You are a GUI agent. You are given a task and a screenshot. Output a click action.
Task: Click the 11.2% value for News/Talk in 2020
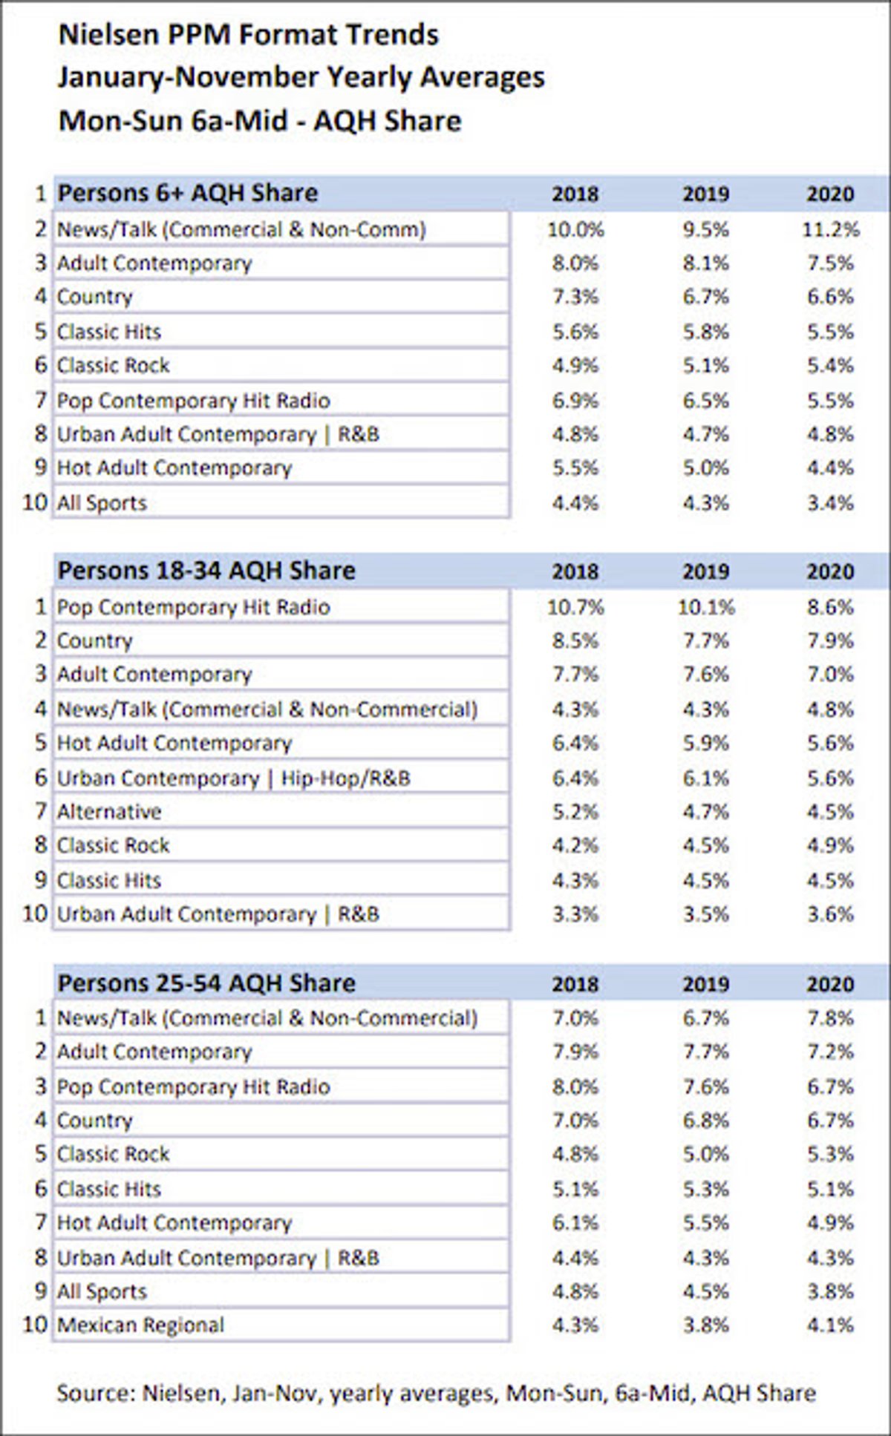point(830,229)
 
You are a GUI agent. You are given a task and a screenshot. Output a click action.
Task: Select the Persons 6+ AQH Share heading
point(188,193)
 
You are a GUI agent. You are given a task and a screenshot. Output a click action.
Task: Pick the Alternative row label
point(109,811)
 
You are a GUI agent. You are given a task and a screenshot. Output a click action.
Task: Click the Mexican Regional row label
point(140,1325)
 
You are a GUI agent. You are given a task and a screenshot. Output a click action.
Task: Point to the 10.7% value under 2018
point(575,607)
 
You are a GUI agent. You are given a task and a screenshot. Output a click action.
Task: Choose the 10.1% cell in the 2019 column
point(706,607)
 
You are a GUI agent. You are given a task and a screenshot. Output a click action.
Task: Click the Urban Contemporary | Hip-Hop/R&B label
point(234,778)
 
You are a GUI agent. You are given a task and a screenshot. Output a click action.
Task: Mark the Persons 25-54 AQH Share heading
point(207,983)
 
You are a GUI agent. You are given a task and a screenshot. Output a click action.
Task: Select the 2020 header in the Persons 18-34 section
point(831,571)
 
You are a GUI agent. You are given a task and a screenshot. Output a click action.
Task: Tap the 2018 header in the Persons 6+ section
point(575,194)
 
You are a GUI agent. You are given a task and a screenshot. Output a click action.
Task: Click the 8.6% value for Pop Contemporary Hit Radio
point(831,607)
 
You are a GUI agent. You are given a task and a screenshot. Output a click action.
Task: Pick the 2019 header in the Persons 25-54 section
point(706,985)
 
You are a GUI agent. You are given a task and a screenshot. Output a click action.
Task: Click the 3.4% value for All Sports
point(831,502)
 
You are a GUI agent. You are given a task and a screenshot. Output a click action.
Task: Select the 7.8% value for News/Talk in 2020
point(831,1018)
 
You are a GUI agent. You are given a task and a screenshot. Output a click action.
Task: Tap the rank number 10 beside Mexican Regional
point(35,1325)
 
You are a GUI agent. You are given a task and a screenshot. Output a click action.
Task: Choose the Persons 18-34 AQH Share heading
point(207,571)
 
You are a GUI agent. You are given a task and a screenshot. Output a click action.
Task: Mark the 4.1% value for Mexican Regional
point(831,1325)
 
